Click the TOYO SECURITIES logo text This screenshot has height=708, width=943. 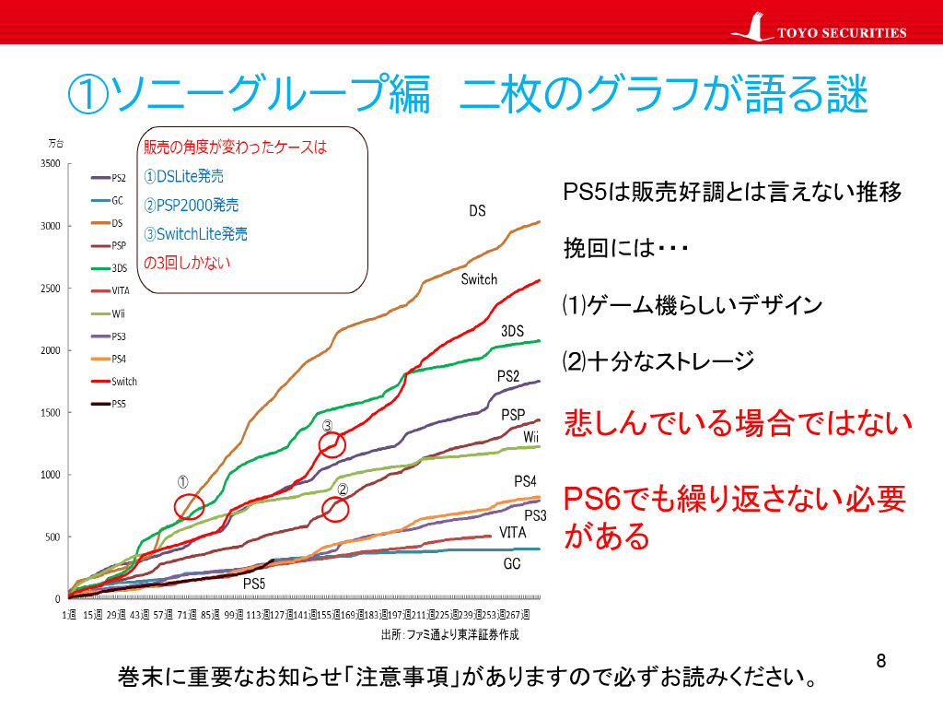click(842, 33)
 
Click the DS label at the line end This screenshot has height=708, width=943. click(477, 211)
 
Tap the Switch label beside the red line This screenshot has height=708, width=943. click(479, 279)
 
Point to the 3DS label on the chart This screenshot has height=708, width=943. click(512, 331)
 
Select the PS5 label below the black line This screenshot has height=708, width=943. click(254, 584)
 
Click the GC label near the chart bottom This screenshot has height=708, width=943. click(512, 563)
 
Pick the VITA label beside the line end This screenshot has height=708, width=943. click(513, 532)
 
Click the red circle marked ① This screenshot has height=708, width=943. click(189, 505)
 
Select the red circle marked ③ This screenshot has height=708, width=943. click(332, 444)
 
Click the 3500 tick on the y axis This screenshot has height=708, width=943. click(50, 164)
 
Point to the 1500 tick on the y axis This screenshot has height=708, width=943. click(50, 413)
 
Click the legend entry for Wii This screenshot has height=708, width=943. click(110, 313)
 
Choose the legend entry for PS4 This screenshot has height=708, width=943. click(110, 359)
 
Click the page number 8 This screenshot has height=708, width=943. click(881, 661)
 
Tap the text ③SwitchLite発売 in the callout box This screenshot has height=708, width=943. click(195, 234)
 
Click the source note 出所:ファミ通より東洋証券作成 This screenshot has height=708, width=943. click(449, 635)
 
